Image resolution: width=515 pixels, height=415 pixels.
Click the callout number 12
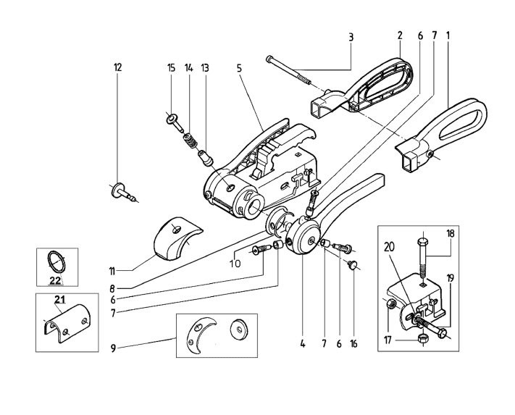117,67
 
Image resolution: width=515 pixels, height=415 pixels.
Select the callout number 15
171,68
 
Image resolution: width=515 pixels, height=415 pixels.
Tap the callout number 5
239,68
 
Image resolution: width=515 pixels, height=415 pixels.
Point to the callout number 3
351,38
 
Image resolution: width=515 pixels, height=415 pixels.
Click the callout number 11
112,271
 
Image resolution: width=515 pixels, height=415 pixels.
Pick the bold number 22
55,280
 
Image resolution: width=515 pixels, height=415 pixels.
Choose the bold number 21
60,299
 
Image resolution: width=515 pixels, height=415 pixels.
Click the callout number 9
113,348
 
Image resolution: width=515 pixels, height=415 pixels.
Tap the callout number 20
389,247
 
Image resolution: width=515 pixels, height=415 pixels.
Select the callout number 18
451,234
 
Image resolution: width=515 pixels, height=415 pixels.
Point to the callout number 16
353,344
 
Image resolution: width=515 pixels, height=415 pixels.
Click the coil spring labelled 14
191,141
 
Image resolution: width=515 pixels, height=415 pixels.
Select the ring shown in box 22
56,261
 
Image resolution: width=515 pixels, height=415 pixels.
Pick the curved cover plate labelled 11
177,239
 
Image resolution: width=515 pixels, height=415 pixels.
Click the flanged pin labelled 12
122,192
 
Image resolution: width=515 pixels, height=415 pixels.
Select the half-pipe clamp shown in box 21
67,324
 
